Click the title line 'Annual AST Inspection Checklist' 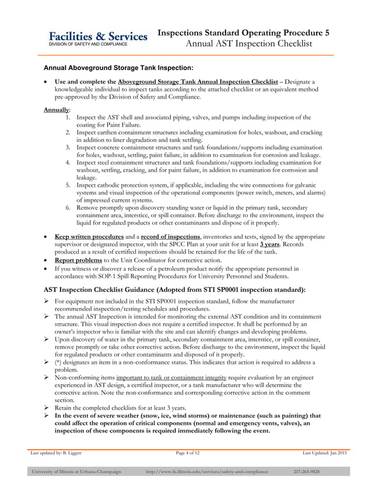(249, 44)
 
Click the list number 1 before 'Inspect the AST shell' (68, 117)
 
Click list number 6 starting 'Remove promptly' (68, 207)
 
